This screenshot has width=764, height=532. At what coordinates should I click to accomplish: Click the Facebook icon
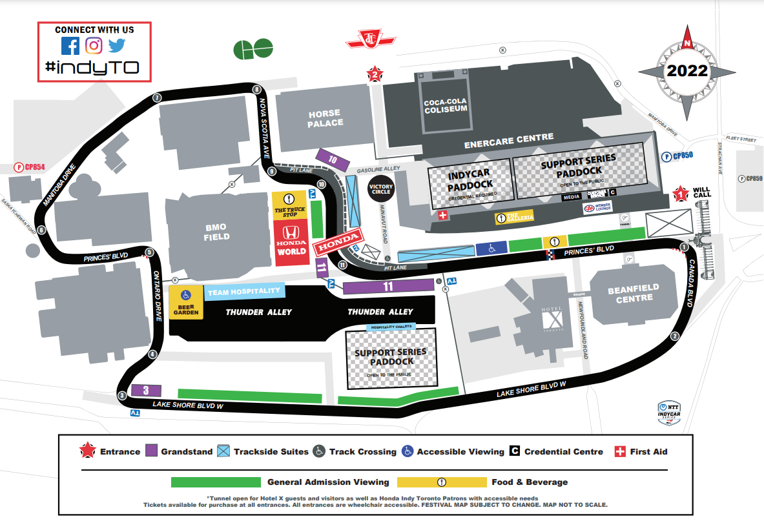70,46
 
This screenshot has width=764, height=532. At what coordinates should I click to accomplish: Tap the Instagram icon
94,46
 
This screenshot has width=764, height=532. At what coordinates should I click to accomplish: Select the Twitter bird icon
117,46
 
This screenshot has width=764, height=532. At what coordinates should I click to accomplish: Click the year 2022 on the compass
687,70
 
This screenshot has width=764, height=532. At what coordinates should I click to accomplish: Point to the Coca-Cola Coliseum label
445,106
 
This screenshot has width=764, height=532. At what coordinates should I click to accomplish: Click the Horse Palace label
325,118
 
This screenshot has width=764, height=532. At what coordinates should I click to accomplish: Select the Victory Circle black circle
380,189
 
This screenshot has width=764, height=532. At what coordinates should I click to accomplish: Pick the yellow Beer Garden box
186,302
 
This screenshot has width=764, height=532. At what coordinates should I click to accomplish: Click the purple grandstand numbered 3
146,390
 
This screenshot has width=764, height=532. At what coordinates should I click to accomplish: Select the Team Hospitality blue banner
245,292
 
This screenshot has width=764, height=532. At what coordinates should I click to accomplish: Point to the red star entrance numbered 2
374,75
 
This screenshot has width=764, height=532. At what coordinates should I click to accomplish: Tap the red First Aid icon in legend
619,451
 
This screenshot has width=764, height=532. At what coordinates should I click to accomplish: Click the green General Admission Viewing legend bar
215,482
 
